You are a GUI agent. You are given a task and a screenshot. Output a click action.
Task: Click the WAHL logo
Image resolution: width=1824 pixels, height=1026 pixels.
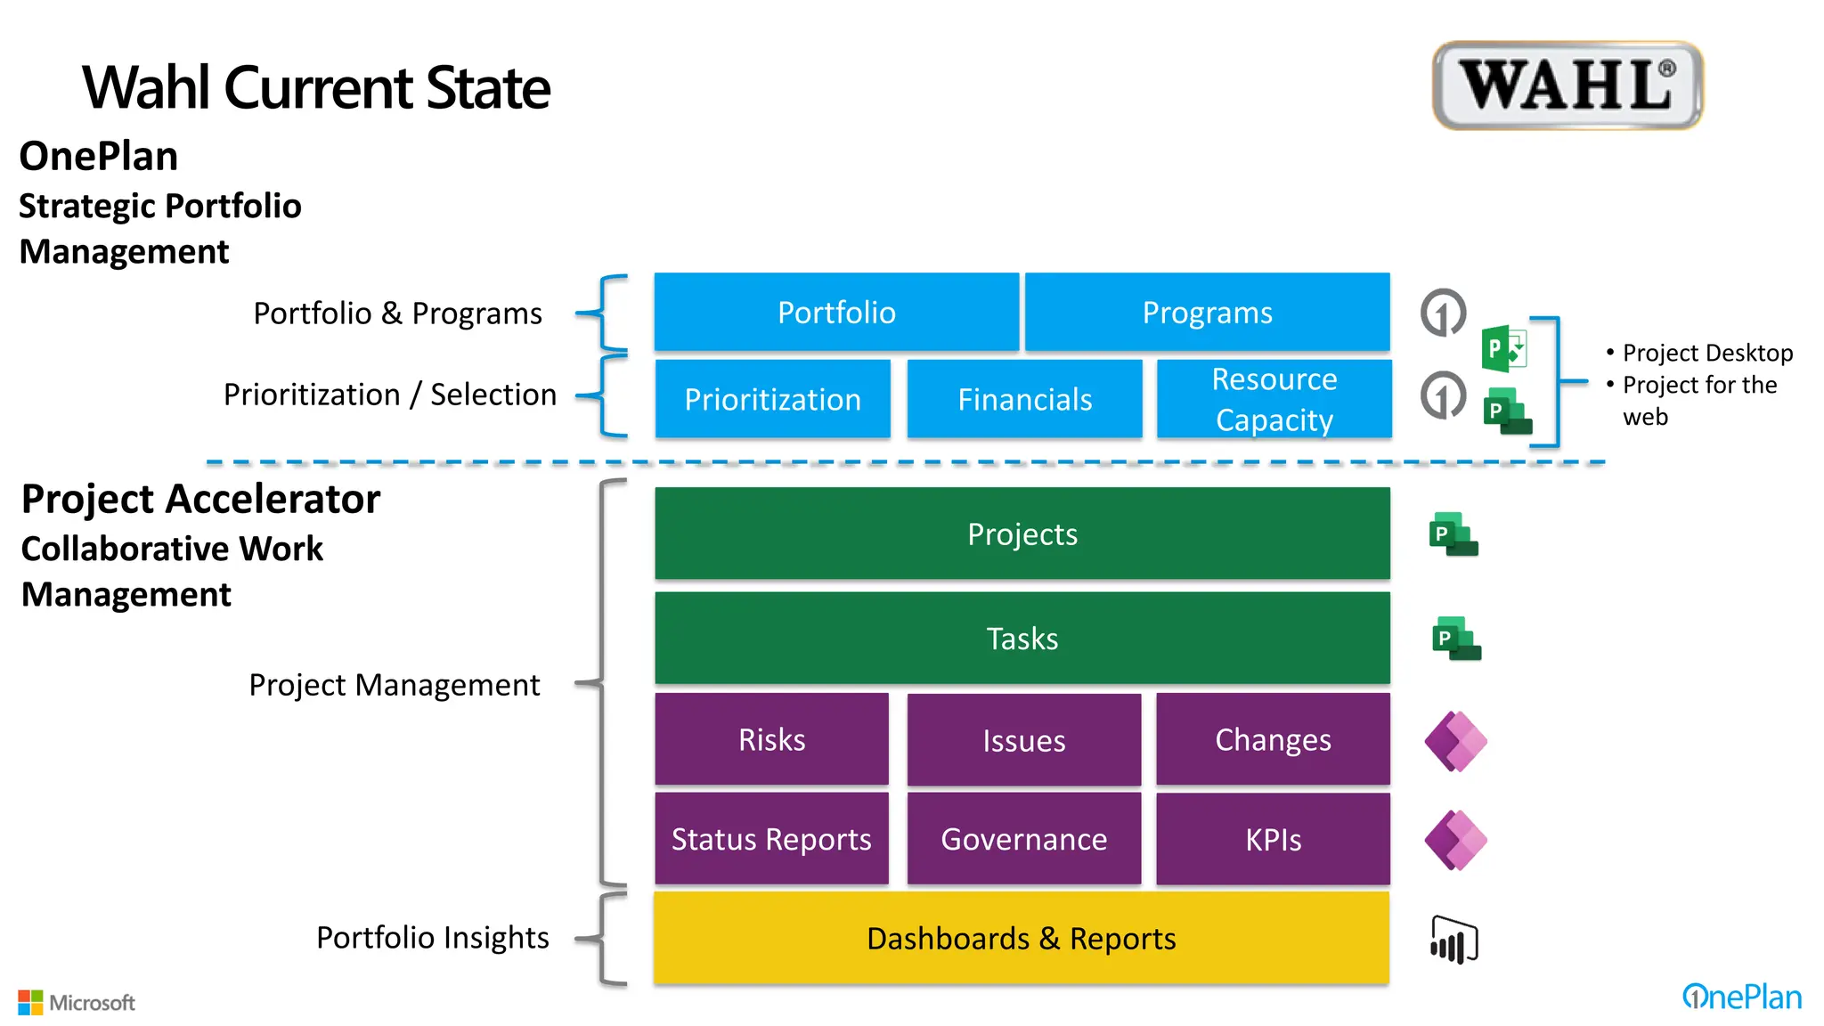[1567, 85]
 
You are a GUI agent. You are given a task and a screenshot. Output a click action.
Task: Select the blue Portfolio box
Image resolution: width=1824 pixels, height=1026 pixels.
[836, 312]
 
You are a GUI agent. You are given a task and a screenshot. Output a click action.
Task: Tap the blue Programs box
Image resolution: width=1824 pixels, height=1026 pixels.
[1207, 312]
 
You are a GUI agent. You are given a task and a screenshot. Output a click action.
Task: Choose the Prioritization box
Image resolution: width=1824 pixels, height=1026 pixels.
[772, 399]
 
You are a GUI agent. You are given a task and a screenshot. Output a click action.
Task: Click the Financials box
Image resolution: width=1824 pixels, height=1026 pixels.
[1024, 399]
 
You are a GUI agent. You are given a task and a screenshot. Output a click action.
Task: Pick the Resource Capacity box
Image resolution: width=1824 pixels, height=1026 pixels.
[1274, 399]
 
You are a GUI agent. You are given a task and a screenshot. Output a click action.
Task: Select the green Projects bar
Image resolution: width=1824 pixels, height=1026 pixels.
[1022, 533]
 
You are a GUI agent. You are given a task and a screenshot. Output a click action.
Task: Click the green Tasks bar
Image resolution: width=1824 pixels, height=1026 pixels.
[1022, 638]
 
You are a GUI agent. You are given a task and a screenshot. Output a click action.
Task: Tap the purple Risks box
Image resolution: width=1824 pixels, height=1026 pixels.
[771, 739]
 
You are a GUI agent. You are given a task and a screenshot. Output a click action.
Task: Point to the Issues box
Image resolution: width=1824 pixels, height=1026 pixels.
[1023, 740]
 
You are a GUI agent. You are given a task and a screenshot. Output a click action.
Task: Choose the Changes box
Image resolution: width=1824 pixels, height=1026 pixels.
[1273, 739]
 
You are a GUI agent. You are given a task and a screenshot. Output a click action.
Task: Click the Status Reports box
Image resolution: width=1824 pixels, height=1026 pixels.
[771, 839]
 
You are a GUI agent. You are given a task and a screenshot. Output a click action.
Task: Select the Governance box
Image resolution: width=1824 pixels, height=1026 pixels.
[1023, 839]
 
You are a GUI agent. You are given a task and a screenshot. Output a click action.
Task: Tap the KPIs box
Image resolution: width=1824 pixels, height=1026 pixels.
[1273, 839]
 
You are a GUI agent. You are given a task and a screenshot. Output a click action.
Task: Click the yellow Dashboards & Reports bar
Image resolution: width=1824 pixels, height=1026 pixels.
[1021, 938]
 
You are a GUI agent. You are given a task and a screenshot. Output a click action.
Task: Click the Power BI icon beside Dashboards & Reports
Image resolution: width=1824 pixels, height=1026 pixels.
[1453, 940]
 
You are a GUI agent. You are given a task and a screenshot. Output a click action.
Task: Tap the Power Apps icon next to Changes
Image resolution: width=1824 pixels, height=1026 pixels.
[1455, 741]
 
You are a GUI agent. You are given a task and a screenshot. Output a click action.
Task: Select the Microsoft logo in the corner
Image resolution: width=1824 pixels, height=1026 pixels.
[77, 1003]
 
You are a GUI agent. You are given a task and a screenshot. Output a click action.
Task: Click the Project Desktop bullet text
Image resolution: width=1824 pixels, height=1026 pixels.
[1706, 353]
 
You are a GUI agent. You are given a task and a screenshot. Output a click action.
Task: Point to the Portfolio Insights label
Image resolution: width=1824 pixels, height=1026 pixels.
[432, 937]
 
